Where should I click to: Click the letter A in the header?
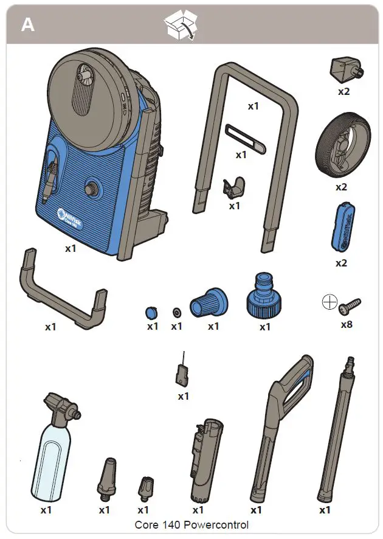pos(28,25)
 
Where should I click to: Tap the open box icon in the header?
pos(181,26)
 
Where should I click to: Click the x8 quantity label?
pos(346,324)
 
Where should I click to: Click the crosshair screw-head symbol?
pos(330,301)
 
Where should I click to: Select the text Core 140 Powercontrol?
pos(191,524)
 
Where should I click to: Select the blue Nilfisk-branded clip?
pos(340,226)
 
